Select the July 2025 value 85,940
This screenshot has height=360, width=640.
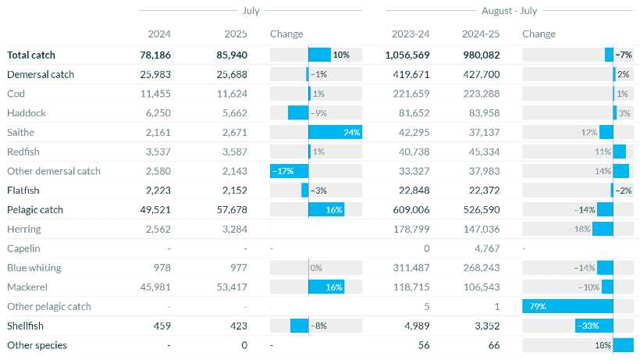point(231,55)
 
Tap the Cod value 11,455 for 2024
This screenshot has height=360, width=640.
point(154,94)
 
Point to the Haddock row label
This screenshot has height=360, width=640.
point(27,112)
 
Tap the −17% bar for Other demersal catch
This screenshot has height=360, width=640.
point(290,171)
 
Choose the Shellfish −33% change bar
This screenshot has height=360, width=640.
point(593,325)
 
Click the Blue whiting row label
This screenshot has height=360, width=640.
point(34,268)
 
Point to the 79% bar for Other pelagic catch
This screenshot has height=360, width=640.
point(567,306)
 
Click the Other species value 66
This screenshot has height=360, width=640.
point(494,344)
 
